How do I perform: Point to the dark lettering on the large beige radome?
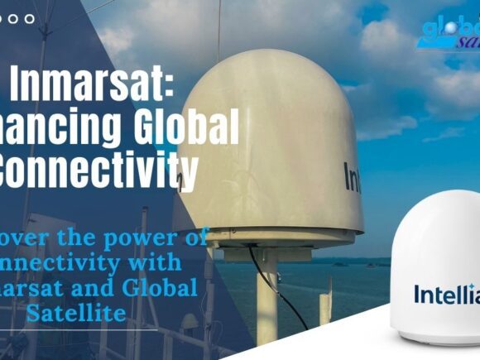click(352, 175)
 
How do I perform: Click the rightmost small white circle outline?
click(30, 18)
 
